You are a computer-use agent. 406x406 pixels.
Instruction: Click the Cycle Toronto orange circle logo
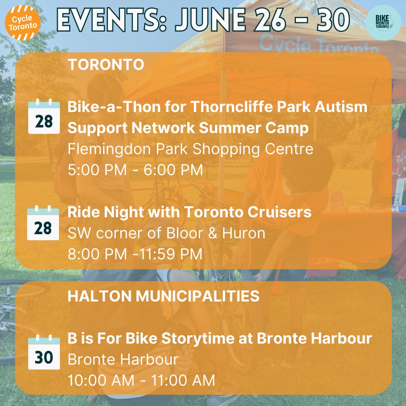pos(23,23)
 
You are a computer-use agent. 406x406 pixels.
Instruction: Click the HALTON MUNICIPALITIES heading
pos(164,296)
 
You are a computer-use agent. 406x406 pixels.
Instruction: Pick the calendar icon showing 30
pos(44,353)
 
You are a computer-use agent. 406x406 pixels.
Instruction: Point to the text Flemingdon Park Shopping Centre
pos(190,149)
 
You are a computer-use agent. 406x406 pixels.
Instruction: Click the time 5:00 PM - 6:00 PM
pos(135,170)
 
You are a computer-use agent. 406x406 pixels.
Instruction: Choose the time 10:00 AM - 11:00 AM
pos(141,380)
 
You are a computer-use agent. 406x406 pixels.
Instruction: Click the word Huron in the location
pos(243,233)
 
